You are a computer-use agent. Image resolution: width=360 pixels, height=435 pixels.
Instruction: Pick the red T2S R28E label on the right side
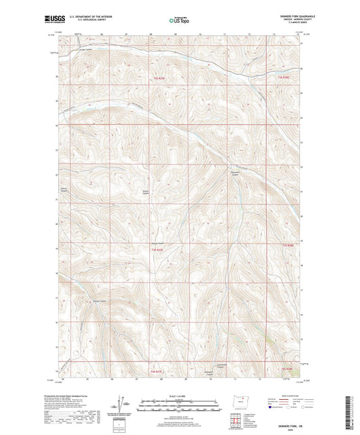point(287,245)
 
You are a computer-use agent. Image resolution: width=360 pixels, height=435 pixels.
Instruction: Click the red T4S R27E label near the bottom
point(157,371)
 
